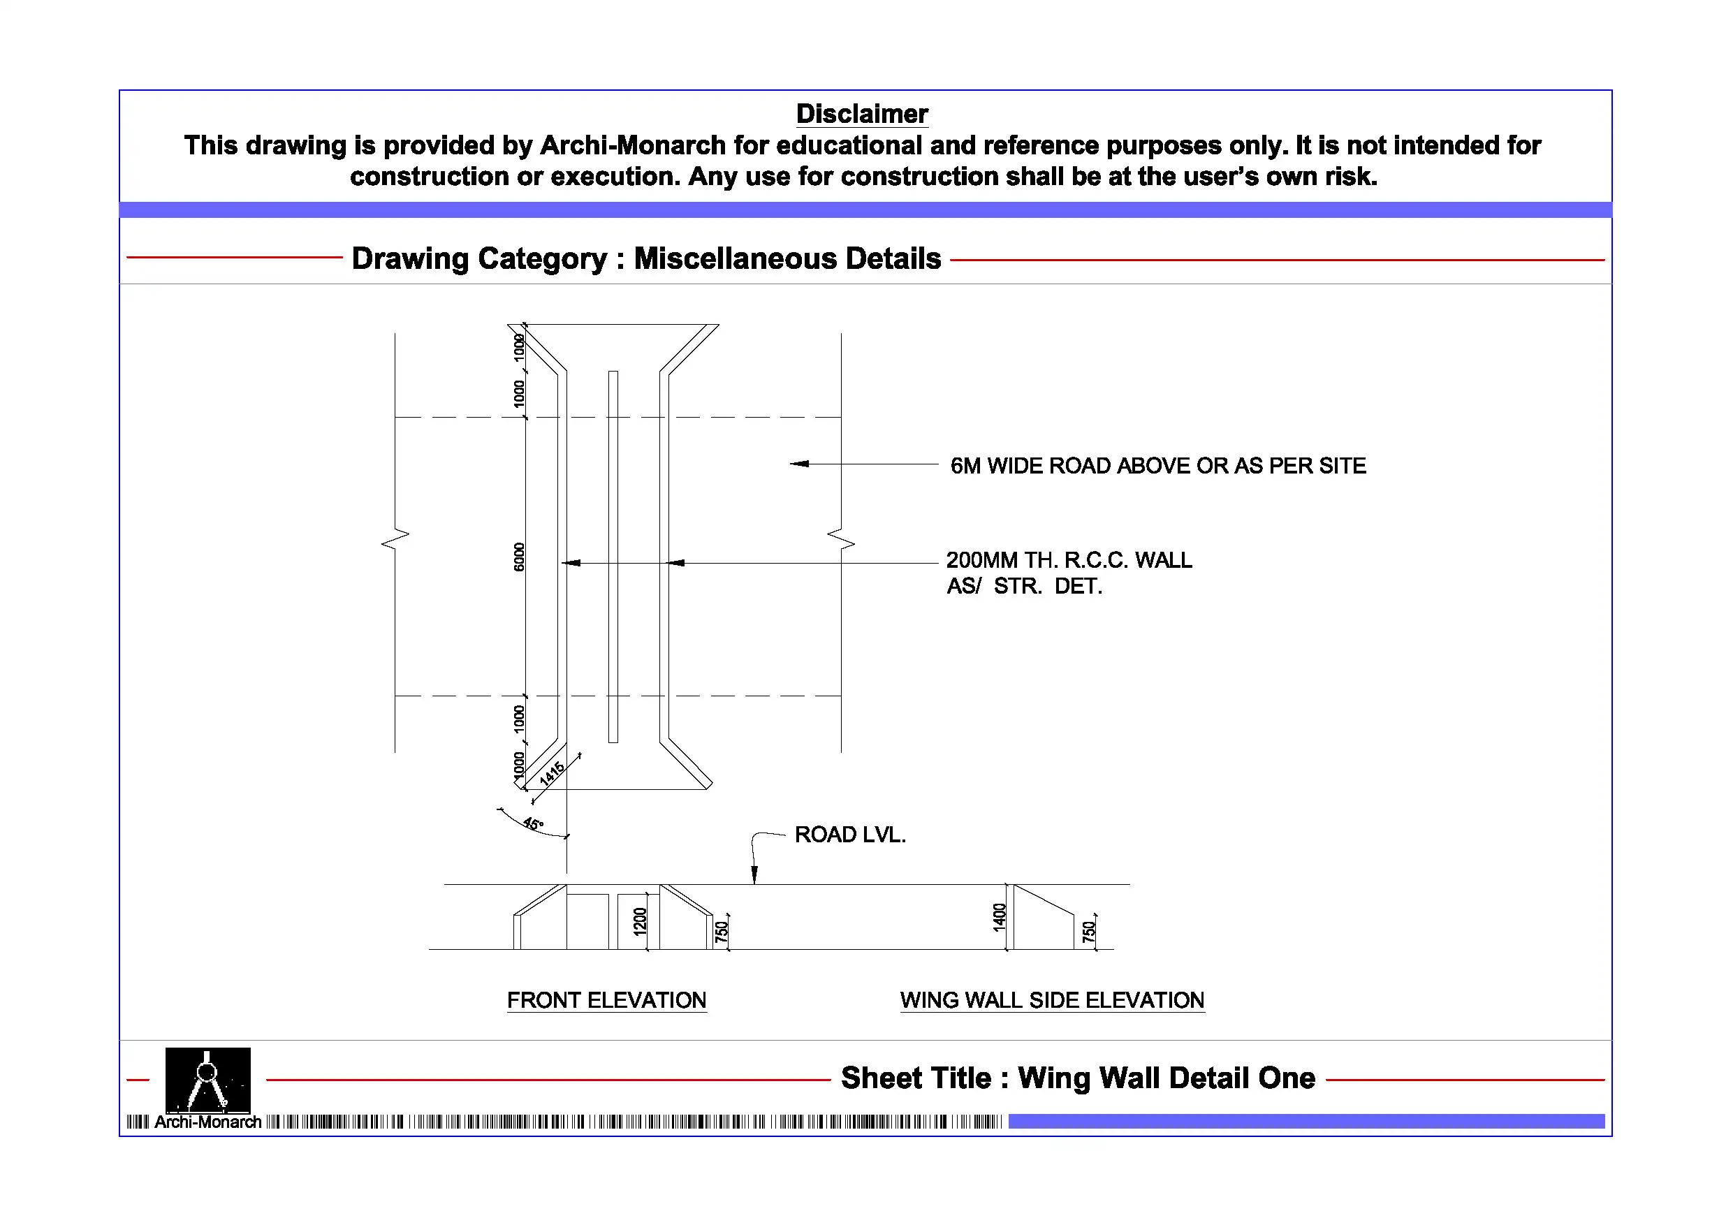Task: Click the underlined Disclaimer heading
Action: pos(861,114)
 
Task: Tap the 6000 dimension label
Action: pos(518,557)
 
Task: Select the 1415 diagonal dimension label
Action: pos(552,773)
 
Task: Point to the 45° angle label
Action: pos(533,823)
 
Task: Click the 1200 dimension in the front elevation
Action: pos(640,922)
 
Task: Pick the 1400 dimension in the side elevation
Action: pos(1000,917)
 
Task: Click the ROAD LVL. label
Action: pos(850,835)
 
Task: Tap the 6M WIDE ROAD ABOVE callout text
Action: pos(1157,466)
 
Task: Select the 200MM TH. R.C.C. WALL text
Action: pos(1069,560)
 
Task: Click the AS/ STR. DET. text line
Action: pos(1024,587)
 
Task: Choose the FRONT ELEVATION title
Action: pos(606,1000)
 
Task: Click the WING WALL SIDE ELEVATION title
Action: pos(1051,1000)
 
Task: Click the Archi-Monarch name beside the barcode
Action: pos(207,1122)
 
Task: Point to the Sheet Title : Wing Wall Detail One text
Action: pos(1078,1078)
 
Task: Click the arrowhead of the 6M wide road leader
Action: pos(798,464)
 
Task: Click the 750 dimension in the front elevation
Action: pos(722,932)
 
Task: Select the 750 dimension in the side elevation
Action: pos(1088,932)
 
